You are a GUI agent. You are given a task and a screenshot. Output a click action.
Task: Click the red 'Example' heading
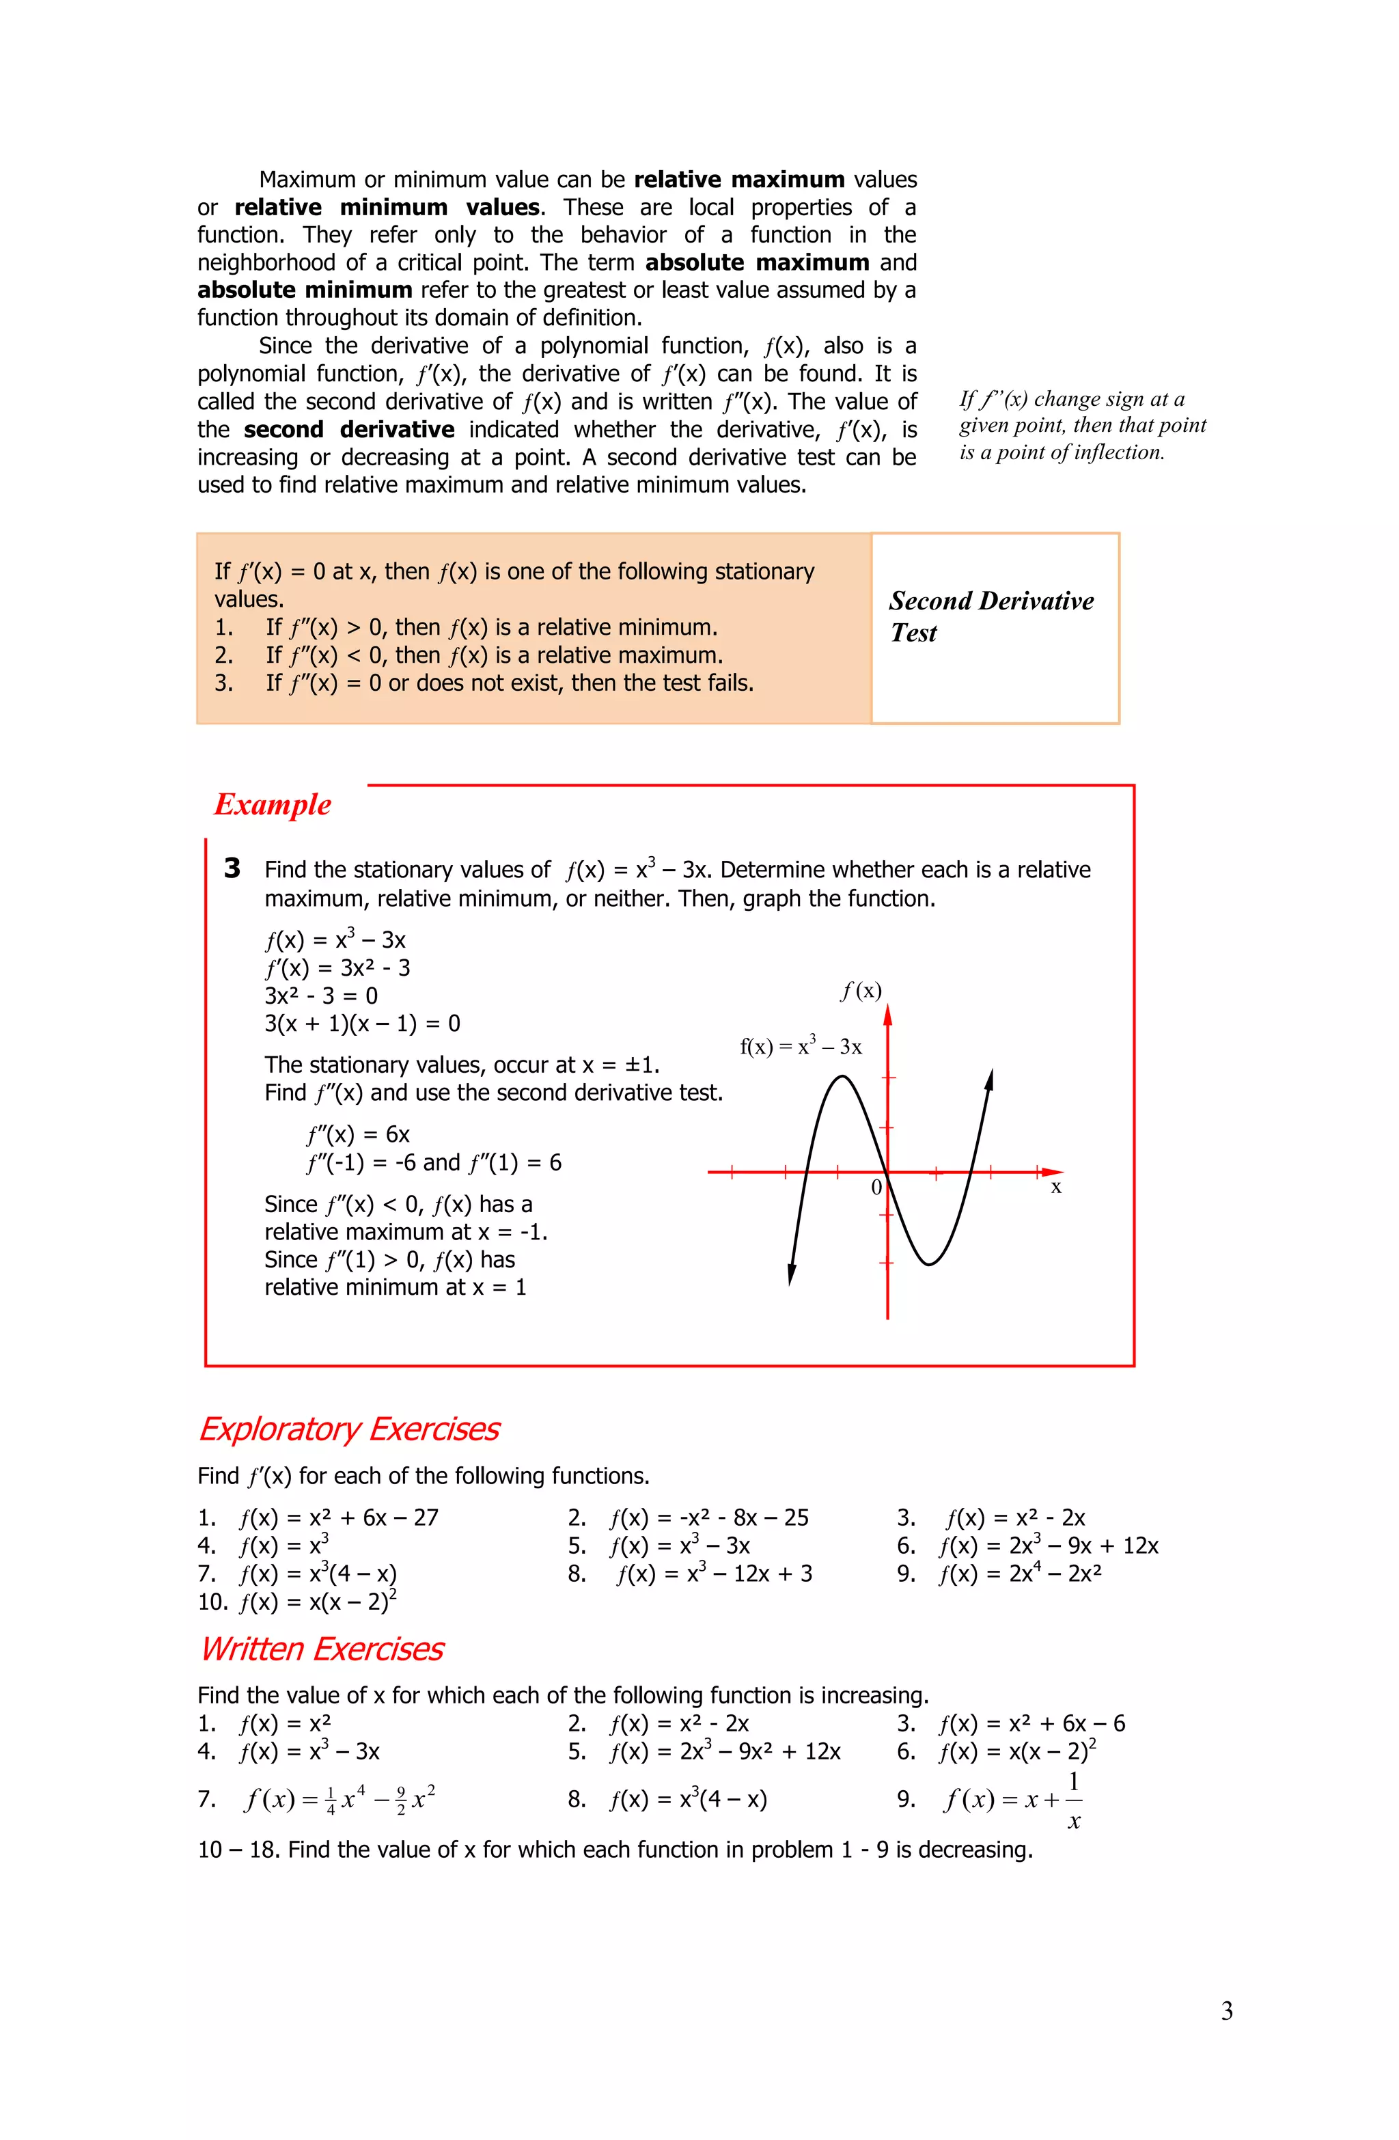(x=273, y=804)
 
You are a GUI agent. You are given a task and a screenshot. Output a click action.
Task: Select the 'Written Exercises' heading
(x=321, y=1649)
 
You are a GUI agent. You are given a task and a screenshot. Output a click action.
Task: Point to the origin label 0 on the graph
(x=876, y=1188)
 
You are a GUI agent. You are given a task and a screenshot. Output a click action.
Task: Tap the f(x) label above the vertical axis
(x=861, y=991)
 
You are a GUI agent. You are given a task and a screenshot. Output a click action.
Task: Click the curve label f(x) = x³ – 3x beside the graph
(x=800, y=1045)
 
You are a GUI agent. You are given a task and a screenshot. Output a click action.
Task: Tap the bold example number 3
(x=232, y=868)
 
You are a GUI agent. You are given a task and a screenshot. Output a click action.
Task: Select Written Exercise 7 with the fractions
(x=340, y=1799)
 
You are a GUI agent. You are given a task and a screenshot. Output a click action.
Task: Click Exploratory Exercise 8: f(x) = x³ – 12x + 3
(x=714, y=1574)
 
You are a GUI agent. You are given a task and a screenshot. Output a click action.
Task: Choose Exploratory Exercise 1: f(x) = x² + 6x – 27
(x=338, y=1518)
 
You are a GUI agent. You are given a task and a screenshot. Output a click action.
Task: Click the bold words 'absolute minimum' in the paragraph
(x=305, y=290)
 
